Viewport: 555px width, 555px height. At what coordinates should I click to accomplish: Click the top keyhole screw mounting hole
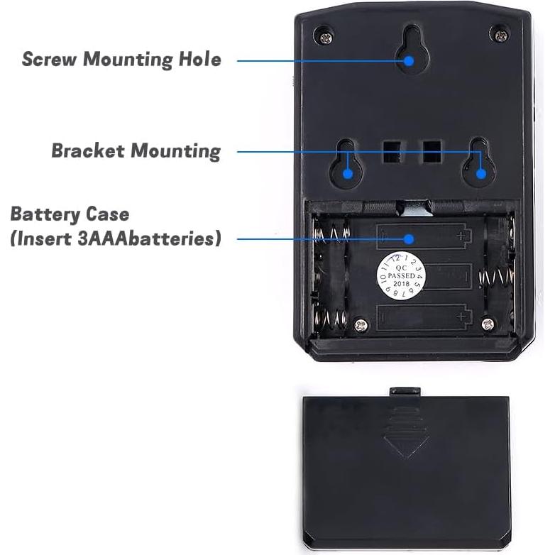[x=410, y=50]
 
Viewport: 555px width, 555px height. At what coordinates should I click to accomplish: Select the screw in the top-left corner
[x=325, y=33]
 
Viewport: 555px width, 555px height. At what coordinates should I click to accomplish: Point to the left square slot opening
[x=391, y=150]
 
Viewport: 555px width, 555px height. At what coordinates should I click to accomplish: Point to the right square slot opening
[x=432, y=150]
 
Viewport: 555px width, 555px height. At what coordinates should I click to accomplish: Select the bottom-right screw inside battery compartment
[x=487, y=324]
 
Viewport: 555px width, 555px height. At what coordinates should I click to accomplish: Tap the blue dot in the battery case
[x=410, y=239]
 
